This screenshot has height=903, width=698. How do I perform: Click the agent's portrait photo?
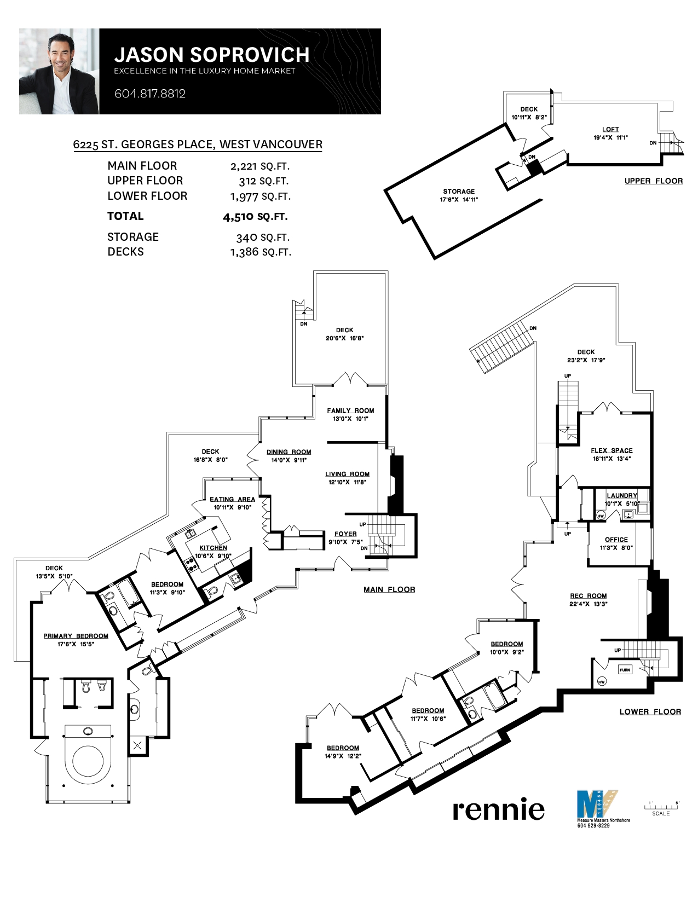tap(59, 72)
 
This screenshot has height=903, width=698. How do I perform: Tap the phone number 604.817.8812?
tap(149, 94)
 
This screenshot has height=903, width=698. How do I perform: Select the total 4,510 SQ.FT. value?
tap(255, 217)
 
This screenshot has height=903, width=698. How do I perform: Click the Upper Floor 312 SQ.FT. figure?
tap(263, 181)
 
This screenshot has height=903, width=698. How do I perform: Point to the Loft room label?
tap(610, 130)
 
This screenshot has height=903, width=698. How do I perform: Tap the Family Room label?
tap(350, 410)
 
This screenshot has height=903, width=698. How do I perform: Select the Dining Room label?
tap(289, 452)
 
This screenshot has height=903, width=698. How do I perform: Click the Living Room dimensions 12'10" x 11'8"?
tap(347, 482)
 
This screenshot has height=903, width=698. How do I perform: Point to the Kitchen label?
tap(213, 548)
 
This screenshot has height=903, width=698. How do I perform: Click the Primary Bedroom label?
tap(76, 636)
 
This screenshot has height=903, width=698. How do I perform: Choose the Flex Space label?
tap(612, 450)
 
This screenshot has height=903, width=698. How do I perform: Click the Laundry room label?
tap(622, 495)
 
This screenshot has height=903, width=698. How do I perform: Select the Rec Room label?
tap(588, 596)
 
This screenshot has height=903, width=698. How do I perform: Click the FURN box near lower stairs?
tap(625, 670)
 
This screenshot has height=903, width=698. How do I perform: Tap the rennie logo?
tap(498, 809)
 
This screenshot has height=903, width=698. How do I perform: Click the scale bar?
tap(661, 807)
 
